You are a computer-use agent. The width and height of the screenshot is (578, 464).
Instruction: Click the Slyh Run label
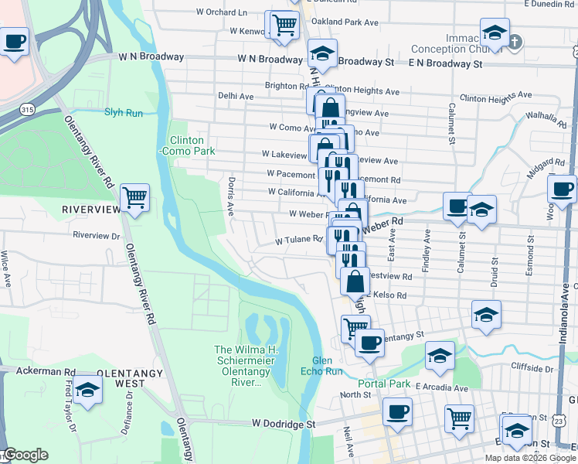tap(124, 112)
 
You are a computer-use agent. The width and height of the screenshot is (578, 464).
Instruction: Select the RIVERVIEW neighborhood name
tap(92, 210)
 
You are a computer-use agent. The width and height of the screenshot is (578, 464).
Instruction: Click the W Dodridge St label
tap(284, 424)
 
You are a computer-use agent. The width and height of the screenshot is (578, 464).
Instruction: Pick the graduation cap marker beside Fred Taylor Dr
tap(88, 391)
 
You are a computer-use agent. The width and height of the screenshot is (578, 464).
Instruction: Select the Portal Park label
tap(384, 384)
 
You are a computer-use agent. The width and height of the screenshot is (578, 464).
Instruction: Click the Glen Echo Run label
tap(326, 366)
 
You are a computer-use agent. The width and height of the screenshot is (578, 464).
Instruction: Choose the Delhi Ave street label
tap(236, 96)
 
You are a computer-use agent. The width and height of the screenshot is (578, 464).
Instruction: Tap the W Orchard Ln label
tap(222, 12)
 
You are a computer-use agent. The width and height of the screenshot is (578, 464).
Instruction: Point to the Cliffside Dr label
tap(532, 369)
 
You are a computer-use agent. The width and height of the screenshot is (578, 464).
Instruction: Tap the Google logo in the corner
tap(25, 455)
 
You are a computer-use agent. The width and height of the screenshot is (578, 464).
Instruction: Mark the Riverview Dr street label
tap(97, 235)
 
